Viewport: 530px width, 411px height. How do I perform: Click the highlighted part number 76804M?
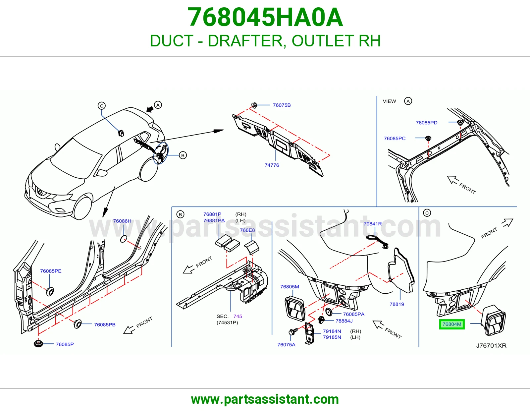(452, 324)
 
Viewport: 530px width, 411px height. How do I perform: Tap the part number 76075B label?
(282, 105)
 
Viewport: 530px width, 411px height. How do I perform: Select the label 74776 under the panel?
(272, 165)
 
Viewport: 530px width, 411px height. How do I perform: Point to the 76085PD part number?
(427, 123)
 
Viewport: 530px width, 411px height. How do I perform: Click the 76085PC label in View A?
(395, 139)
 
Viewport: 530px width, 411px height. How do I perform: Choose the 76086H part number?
(122, 221)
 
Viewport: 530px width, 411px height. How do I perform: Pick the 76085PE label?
(51, 271)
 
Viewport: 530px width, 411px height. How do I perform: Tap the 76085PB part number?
(105, 324)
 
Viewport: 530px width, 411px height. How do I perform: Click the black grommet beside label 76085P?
(38, 344)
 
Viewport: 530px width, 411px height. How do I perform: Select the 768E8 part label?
(247, 230)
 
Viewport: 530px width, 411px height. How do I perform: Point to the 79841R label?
(373, 224)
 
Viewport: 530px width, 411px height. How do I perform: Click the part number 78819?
(397, 304)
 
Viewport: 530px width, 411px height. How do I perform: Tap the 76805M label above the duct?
(290, 286)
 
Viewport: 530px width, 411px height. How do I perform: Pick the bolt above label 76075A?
(293, 331)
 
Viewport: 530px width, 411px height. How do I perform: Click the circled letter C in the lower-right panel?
(427, 213)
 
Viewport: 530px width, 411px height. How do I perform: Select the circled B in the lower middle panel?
(180, 214)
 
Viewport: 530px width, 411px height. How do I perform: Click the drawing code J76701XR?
(491, 346)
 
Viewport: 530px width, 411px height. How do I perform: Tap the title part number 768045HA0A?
(265, 17)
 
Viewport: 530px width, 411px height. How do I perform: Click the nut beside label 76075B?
(254, 105)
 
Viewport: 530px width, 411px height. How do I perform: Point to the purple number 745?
(238, 316)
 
